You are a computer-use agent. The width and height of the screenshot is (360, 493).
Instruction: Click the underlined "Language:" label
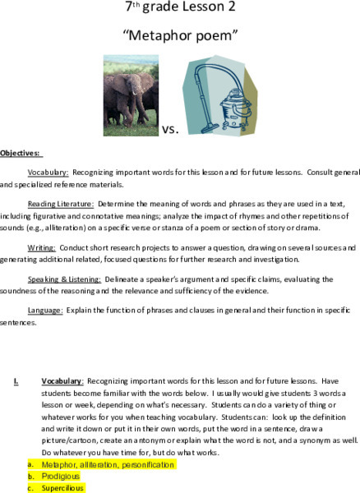point(46,311)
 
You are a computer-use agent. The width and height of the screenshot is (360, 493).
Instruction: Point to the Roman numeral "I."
point(16,381)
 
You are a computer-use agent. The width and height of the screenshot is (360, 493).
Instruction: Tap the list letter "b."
point(30,476)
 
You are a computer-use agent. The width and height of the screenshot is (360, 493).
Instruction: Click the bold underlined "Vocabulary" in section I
point(62,381)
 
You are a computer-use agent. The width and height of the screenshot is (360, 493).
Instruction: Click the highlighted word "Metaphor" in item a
point(58,464)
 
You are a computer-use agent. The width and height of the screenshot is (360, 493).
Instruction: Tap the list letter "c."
point(30,487)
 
